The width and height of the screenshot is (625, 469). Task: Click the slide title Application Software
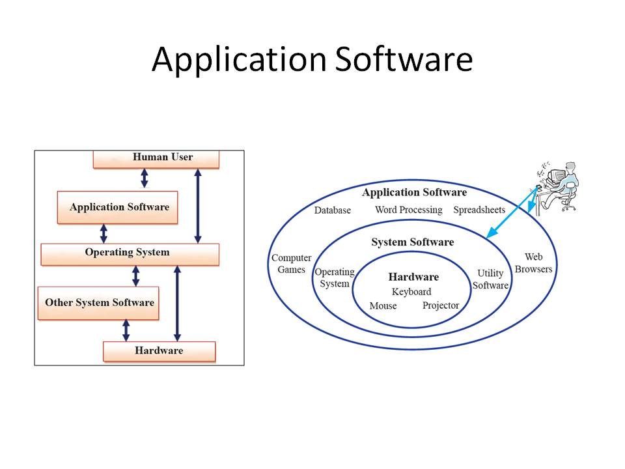(312, 60)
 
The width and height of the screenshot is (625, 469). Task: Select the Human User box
(156, 158)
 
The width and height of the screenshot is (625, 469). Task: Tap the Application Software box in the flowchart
(118, 207)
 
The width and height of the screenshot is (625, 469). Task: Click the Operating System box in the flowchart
(129, 253)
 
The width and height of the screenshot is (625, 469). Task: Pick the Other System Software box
(99, 303)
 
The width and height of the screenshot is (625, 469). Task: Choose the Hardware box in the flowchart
(159, 351)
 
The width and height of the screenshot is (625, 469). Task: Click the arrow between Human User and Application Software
(145, 179)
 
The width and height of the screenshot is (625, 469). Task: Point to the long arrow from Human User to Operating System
(198, 205)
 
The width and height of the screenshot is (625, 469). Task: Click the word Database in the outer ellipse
(332, 210)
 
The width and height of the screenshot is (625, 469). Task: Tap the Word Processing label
(408, 210)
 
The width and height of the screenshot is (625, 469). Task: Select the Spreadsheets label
(479, 210)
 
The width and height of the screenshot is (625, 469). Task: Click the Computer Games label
(291, 264)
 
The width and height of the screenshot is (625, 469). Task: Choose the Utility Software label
(490, 279)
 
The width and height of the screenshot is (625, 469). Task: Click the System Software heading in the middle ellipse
(412, 242)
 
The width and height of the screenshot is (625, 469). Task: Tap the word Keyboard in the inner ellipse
(411, 292)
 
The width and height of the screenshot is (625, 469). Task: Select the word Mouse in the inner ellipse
(383, 306)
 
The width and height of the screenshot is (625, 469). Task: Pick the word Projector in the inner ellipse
(441, 306)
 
